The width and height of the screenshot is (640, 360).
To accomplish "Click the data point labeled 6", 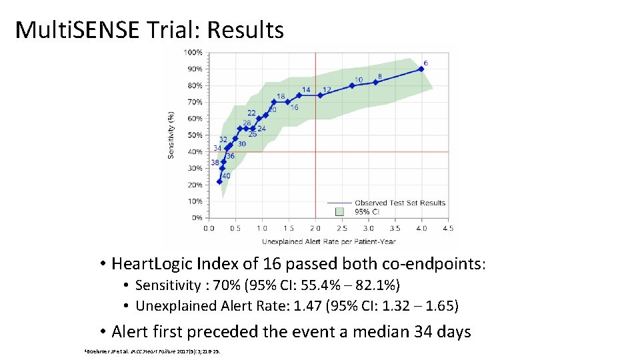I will pos(421,69).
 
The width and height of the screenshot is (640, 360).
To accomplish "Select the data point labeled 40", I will pos(219,181).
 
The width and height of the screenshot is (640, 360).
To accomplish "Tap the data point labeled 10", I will pos(352,85).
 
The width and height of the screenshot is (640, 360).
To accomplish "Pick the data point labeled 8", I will pos(375,82).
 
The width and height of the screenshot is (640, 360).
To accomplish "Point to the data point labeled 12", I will pos(321,95).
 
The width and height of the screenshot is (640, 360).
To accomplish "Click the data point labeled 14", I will pos(299,95).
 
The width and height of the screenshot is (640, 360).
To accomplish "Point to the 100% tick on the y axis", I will pos(194,52).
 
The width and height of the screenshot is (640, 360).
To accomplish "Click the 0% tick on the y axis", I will pos(197,218).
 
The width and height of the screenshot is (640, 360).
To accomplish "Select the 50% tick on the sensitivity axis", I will pos(195,135).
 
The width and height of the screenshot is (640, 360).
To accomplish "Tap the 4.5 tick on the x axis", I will pos(448,228).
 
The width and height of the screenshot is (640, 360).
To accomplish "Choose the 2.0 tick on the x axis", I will pos(315,228).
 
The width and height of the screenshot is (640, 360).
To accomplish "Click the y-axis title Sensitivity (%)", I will pos(171,135).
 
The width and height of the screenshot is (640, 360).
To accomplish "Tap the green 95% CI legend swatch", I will pos(339,211).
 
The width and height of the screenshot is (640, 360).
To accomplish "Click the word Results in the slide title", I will pos(246,30).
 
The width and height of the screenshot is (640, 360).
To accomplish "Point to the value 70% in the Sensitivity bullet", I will pos(217,286).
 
